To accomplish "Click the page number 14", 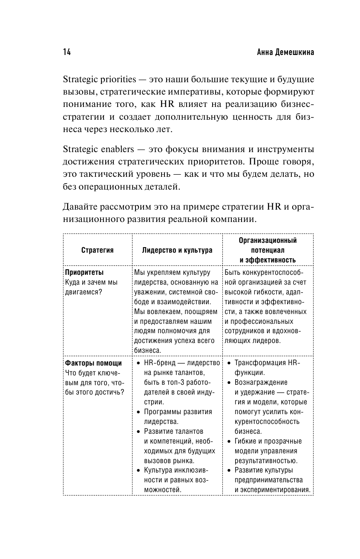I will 66,52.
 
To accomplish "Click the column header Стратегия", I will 98,251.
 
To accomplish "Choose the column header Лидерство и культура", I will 177,251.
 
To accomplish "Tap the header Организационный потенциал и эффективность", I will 268,250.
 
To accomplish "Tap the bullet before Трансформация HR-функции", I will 230,363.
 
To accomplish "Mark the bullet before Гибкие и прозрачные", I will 230,441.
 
